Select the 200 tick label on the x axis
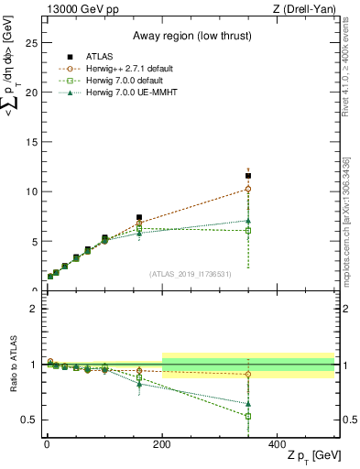pyautogui.click(x=162, y=443)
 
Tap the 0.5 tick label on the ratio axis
pyautogui.click(x=28, y=420)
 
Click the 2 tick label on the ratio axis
pyautogui.click(x=33, y=309)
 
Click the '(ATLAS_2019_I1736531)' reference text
pyautogui.click(x=191, y=273)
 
